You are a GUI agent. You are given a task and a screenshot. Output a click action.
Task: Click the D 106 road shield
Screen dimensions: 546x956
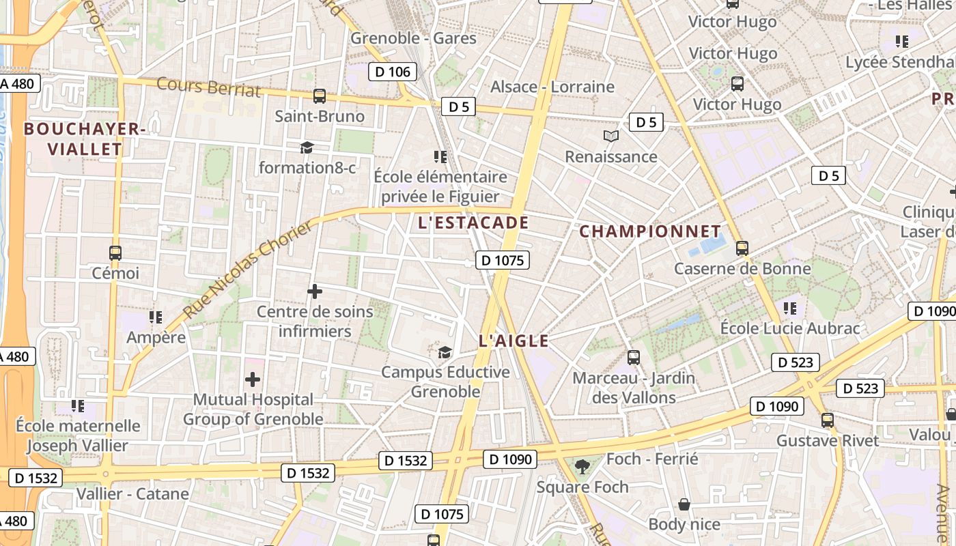393,72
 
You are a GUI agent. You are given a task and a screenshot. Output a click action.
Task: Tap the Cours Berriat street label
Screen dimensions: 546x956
209,87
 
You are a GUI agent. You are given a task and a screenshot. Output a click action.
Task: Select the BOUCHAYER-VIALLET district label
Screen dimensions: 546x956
85,139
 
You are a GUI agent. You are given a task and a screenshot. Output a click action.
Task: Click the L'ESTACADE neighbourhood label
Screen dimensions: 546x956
473,222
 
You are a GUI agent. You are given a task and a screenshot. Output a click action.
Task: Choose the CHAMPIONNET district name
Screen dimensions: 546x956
650,231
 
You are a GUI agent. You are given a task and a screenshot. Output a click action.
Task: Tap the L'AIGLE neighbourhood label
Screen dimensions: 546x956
514,341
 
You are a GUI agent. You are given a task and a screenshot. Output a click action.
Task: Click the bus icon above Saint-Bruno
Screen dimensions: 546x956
319,96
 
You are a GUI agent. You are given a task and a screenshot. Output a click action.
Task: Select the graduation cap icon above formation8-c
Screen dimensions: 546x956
307,147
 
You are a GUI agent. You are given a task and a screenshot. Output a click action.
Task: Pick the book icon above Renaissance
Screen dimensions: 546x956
611,136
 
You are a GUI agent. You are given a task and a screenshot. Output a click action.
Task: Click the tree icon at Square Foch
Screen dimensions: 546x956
582,467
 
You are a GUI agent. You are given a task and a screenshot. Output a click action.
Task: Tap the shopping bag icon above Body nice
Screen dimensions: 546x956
684,504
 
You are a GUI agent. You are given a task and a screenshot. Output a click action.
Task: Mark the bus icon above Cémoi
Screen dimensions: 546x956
115,253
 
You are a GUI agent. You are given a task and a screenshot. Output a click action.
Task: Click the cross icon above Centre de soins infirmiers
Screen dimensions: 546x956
314,291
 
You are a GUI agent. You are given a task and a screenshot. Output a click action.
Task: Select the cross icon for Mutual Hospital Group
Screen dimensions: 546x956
253,379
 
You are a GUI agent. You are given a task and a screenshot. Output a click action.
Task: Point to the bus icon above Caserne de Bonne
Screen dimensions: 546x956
742,248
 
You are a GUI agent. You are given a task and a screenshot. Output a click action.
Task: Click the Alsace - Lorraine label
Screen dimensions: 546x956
552,87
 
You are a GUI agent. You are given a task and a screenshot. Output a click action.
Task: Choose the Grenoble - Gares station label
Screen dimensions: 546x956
413,38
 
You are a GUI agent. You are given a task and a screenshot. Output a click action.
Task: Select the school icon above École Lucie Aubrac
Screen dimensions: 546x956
790,308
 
